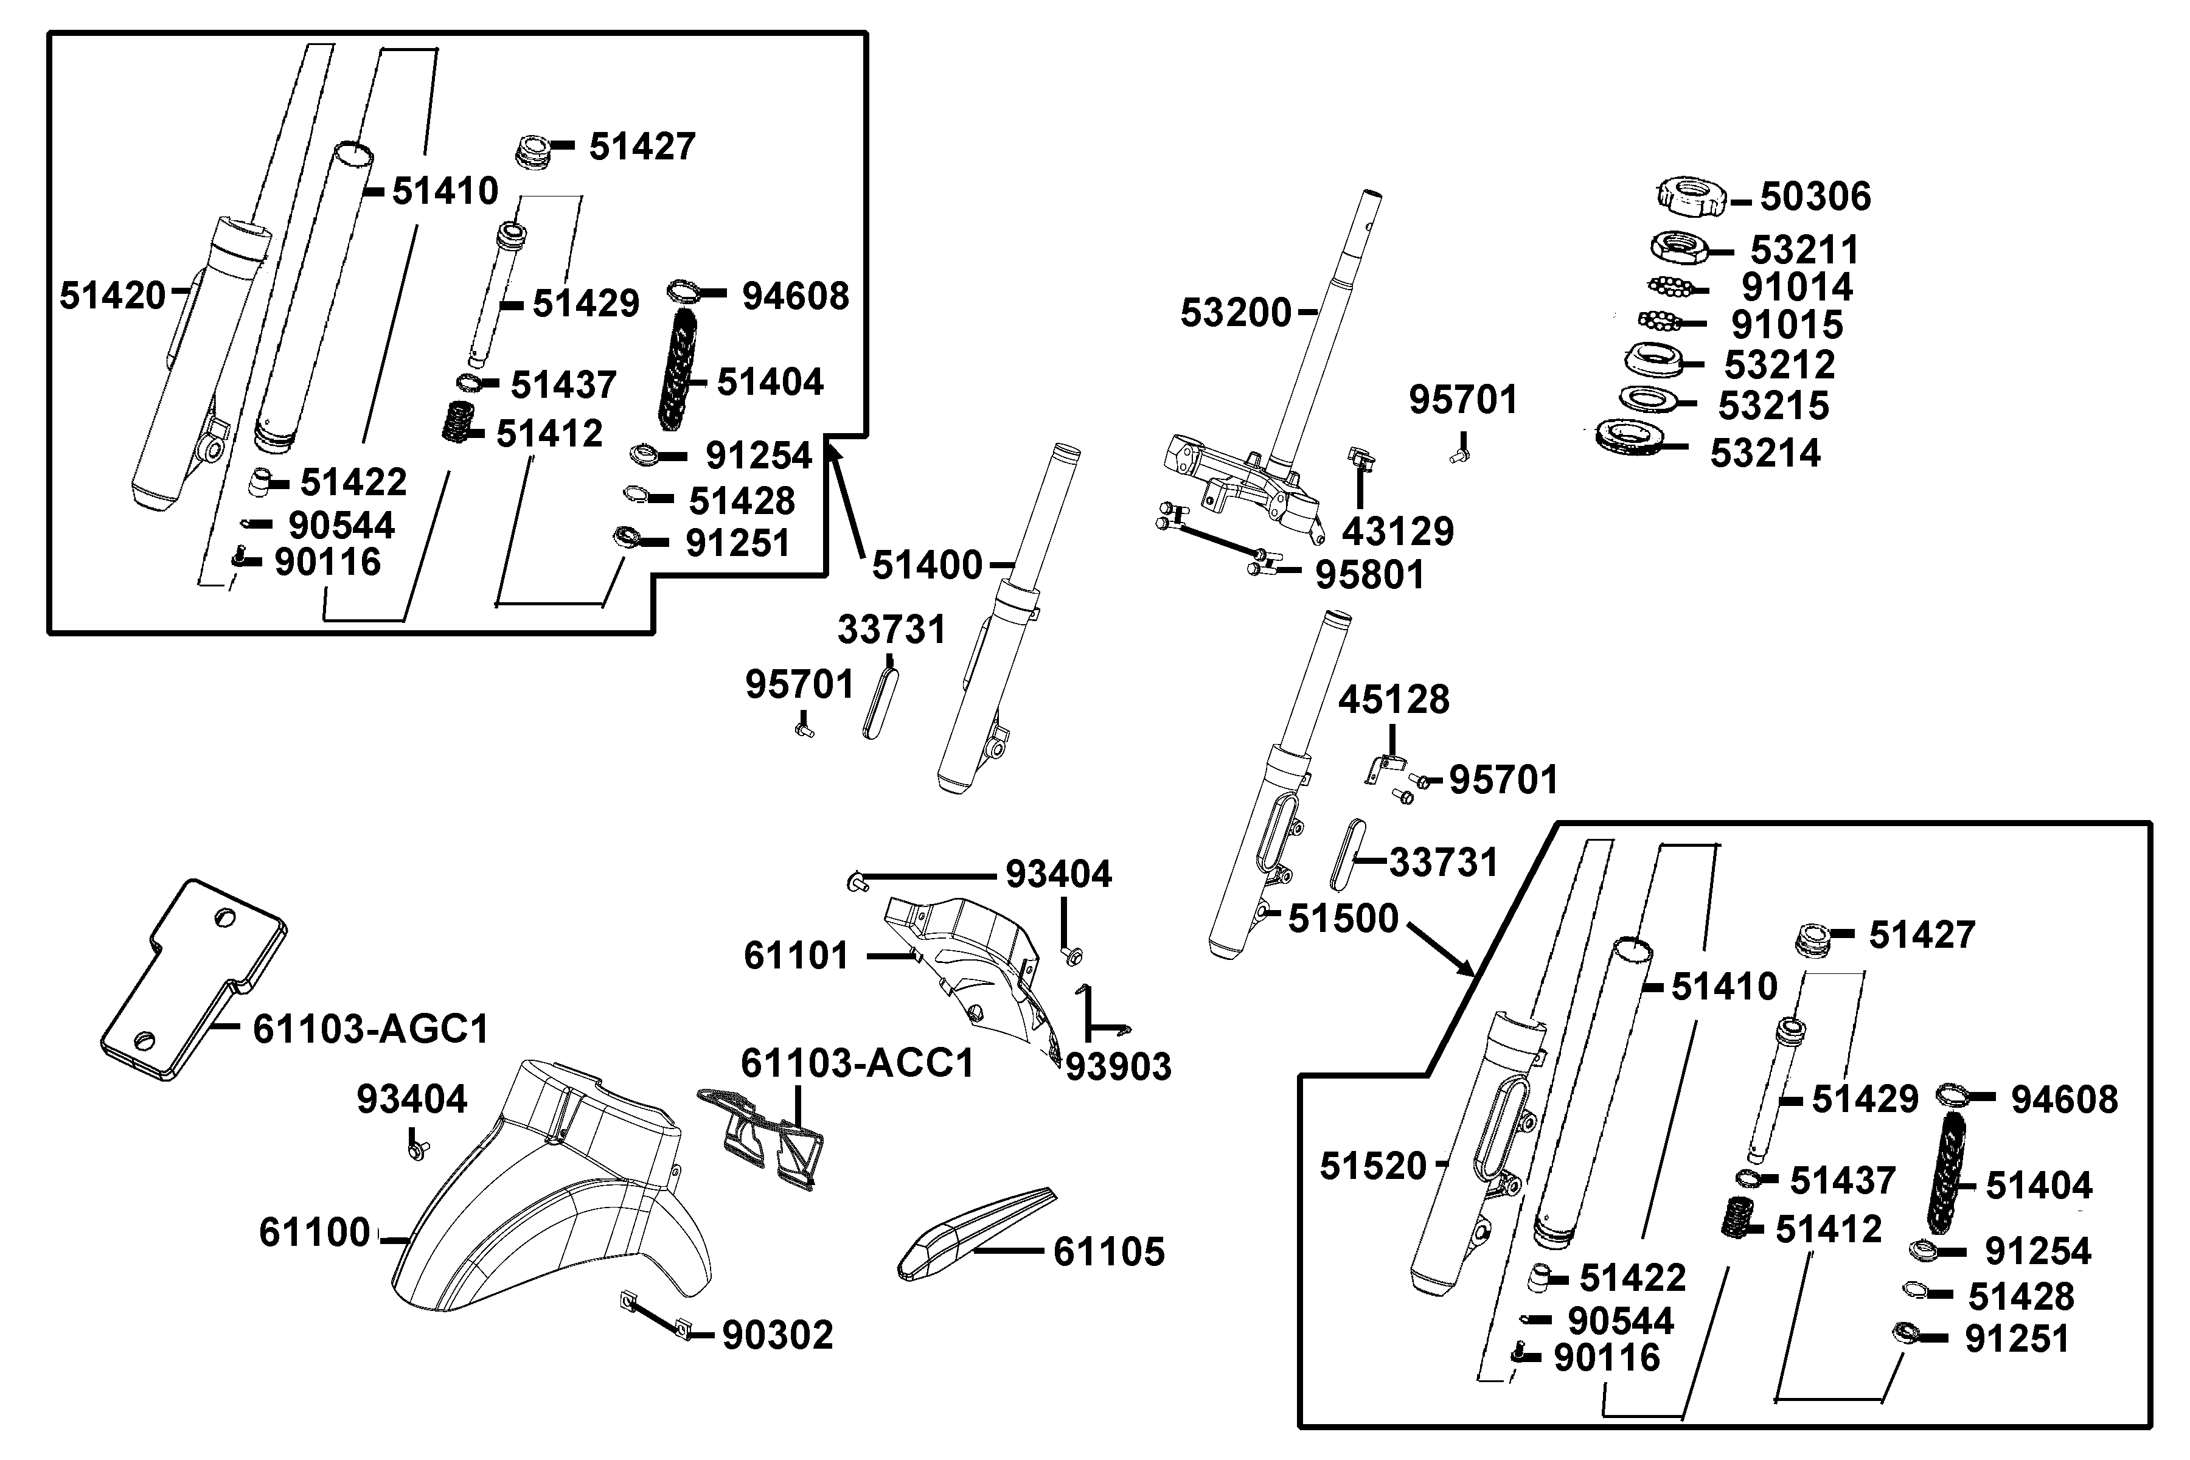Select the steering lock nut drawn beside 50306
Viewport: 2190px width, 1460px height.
(x=1690, y=195)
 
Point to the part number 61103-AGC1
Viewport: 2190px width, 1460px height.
(x=370, y=1029)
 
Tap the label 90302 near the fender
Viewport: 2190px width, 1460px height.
(x=777, y=1335)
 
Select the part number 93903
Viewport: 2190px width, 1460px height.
(x=1118, y=1067)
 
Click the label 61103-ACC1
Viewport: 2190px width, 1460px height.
(x=857, y=1062)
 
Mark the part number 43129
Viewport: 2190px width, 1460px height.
(x=1397, y=532)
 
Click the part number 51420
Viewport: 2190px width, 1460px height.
(x=112, y=296)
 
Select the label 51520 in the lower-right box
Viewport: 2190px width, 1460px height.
(x=1374, y=1166)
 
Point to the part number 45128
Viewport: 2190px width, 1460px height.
(x=1394, y=699)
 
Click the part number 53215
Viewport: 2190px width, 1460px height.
(x=1773, y=406)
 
